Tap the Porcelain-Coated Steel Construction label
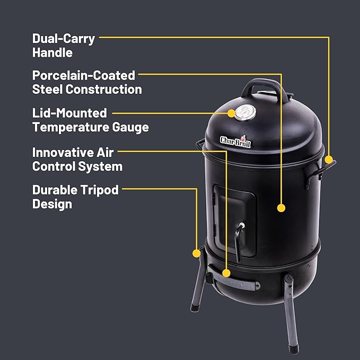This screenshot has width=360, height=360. [x=87, y=82]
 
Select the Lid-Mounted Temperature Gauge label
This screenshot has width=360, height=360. [x=90, y=120]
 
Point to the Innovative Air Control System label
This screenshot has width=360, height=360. [x=77, y=159]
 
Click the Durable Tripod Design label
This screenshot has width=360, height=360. [x=75, y=197]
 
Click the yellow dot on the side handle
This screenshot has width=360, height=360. [x=329, y=159]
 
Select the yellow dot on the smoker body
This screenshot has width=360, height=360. [x=282, y=208]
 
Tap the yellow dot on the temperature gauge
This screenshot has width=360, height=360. [x=232, y=113]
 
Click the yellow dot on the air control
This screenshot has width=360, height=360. [x=226, y=274]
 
